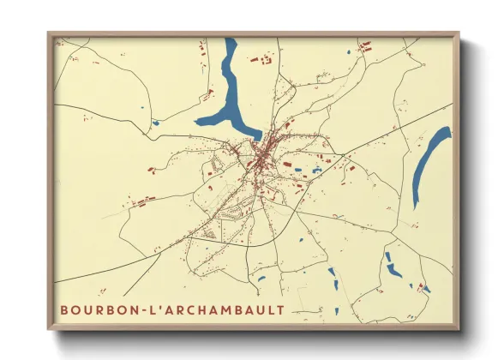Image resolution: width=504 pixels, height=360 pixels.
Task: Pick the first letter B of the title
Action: [x=64, y=309]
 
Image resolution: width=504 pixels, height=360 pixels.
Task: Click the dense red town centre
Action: [x=262, y=153]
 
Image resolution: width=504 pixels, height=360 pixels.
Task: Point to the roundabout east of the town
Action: [x=342, y=155]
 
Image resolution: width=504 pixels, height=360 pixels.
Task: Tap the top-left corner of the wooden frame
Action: [x=50, y=34]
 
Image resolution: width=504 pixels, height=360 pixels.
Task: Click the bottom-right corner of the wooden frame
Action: [x=458, y=327]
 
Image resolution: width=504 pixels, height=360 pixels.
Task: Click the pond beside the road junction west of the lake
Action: [x=155, y=123]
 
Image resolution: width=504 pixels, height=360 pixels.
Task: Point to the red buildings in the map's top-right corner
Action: [x=366, y=45]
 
